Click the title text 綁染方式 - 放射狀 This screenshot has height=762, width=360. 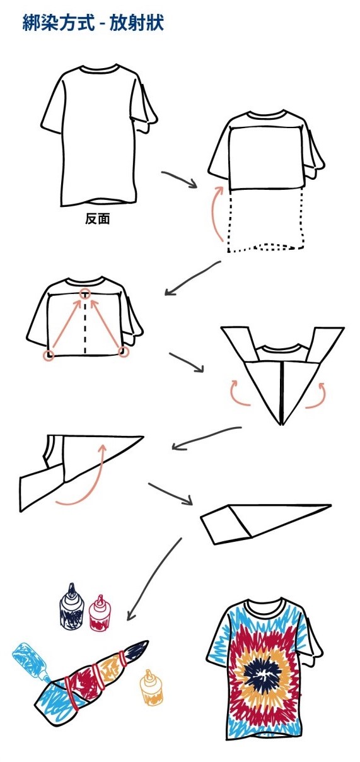[x=93, y=23]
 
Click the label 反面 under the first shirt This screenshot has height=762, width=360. [x=98, y=219]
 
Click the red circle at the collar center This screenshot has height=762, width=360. [x=85, y=293]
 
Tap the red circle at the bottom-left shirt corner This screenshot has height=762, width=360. [x=49, y=356]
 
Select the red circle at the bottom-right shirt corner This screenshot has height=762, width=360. [x=124, y=352]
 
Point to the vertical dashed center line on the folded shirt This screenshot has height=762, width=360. [x=85, y=327]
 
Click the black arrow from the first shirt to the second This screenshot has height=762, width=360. [x=180, y=178]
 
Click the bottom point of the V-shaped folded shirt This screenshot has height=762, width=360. [x=282, y=425]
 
